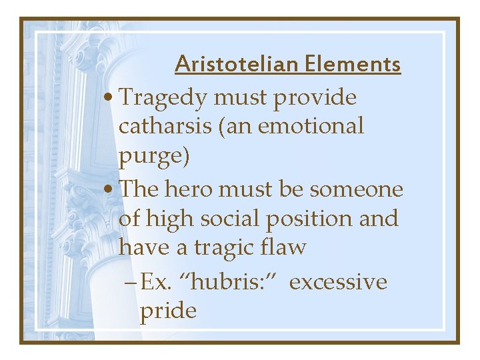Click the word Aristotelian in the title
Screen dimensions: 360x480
(236, 64)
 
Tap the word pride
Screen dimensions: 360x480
(167, 310)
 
